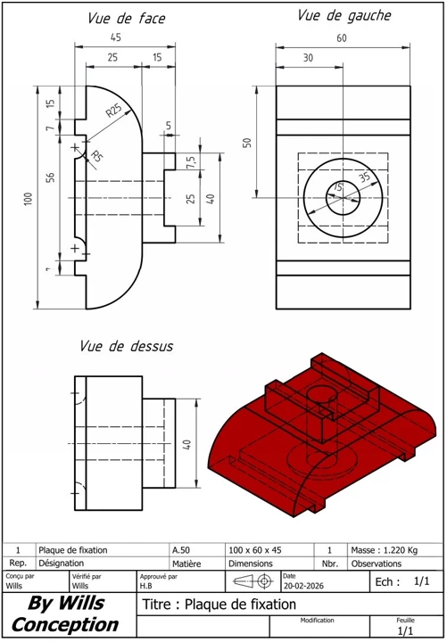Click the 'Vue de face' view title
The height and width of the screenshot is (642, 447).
[127, 19]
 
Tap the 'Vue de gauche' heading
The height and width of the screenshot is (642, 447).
[344, 16]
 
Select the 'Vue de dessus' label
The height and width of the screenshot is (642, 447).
[126, 346]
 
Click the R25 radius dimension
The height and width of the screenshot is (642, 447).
[114, 111]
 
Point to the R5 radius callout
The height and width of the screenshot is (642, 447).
[95, 156]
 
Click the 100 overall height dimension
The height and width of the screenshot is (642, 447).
[29, 199]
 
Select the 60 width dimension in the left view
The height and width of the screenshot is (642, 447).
[342, 38]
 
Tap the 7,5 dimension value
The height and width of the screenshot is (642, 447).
[191, 161]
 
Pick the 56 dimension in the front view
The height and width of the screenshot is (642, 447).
[50, 177]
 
